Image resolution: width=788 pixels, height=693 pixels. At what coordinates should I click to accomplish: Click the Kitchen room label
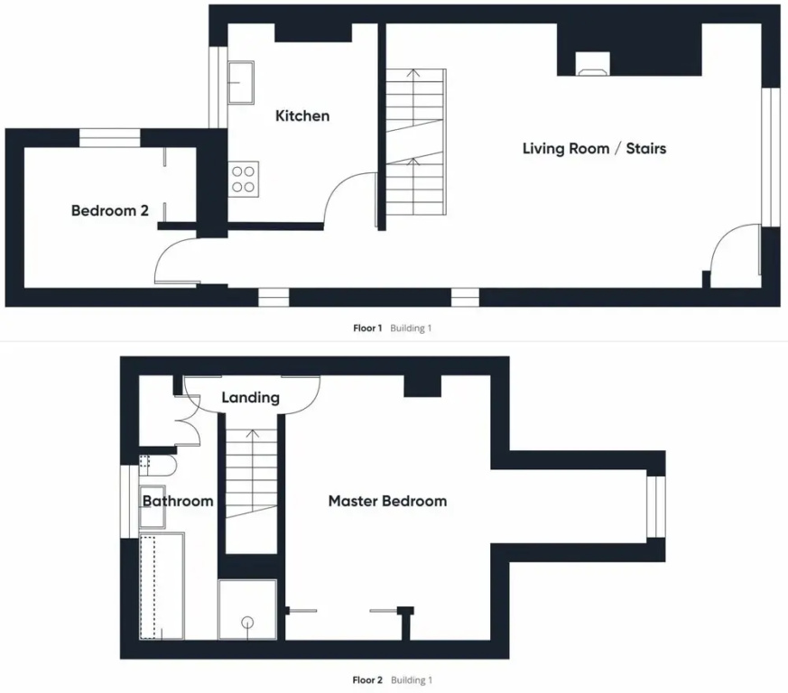click(x=302, y=116)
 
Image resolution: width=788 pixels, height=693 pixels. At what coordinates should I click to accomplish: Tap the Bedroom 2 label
click(x=110, y=210)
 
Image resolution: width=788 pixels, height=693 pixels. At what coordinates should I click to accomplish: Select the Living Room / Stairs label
click(x=595, y=149)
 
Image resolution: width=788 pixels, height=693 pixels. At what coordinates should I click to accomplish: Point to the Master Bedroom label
click(x=387, y=501)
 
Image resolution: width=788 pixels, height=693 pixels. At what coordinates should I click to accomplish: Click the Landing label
click(x=250, y=398)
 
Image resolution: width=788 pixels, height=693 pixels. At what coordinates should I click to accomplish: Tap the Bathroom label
click(x=178, y=501)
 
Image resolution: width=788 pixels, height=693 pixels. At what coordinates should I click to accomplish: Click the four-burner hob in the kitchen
click(x=243, y=180)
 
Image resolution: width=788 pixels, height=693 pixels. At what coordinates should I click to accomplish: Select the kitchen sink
click(x=241, y=82)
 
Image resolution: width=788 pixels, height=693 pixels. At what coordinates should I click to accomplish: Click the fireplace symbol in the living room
click(x=592, y=64)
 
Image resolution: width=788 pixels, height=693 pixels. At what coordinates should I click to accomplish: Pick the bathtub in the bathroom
click(x=162, y=587)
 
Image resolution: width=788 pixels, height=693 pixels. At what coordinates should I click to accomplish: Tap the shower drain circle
click(x=247, y=623)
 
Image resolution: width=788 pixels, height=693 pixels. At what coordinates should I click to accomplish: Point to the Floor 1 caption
click(x=367, y=328)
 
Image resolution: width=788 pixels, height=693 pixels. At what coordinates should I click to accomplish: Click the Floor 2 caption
click(x=367, y=680)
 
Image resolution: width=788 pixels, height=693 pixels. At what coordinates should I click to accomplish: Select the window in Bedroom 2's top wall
click(x=109, y=138)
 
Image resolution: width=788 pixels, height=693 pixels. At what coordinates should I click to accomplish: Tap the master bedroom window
click(x=656, y=506)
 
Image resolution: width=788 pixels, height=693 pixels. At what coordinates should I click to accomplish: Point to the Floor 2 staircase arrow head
click(x=252, y=433)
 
